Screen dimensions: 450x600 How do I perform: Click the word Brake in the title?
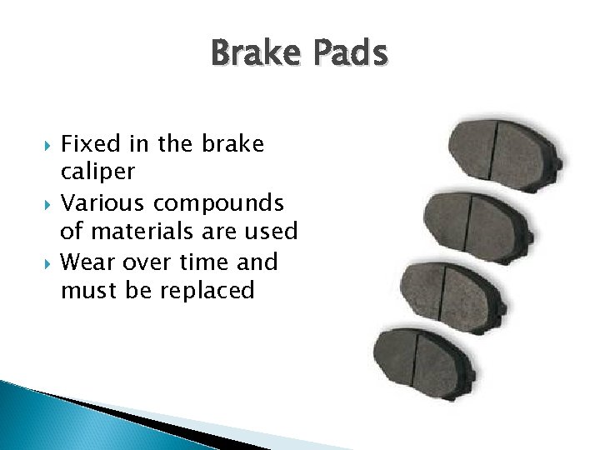click(x=258, y=53)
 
